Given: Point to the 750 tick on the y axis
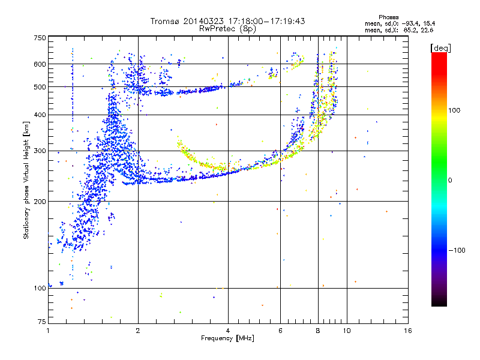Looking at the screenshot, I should point(40,38).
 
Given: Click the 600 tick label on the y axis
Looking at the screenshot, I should point(40,64).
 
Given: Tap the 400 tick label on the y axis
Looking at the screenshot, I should point(40,115).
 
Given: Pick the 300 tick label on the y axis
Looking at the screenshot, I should point(40,151).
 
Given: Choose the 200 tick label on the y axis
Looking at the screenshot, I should point(40,202).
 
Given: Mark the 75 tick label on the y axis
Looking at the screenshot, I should point(41,322).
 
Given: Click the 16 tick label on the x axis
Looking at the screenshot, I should point(407,331).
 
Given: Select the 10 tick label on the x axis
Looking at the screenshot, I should point(346,331).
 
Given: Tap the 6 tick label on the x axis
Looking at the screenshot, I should point(281,331).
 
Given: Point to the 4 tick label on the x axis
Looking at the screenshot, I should point(228,331).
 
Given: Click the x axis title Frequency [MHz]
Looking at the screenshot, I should point(227,338).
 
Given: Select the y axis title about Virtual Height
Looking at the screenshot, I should point(26,180).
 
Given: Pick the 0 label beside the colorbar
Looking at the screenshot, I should point(451,180).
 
